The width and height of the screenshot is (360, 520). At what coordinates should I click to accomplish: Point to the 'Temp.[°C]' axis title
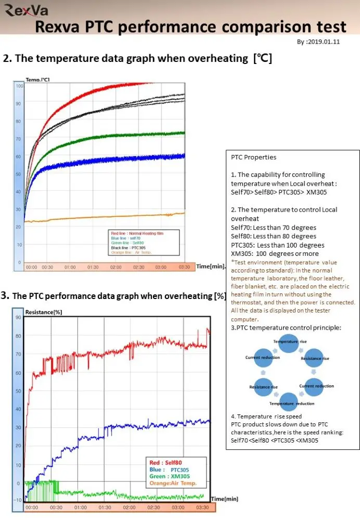tap(37, 79)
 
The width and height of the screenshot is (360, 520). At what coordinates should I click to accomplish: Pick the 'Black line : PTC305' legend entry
tap(128, 248)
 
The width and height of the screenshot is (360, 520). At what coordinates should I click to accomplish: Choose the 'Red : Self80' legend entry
tap(165, 462)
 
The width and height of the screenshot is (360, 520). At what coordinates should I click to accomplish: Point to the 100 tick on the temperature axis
tap(19, 85)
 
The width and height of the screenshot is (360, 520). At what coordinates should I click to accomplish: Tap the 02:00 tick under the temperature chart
tap(116, 267)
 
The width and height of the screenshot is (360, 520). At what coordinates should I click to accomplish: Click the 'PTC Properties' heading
tap(253, 157)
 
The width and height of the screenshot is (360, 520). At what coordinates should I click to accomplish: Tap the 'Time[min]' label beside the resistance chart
tap(225, 499)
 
